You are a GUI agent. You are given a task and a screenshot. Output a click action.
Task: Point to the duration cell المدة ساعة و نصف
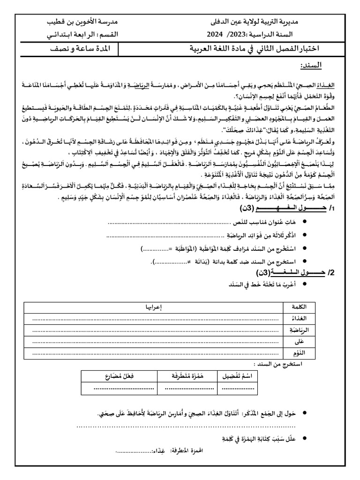(x=81, y=48)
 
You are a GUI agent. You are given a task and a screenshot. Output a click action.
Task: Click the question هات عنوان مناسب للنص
(x=270, y=222)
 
